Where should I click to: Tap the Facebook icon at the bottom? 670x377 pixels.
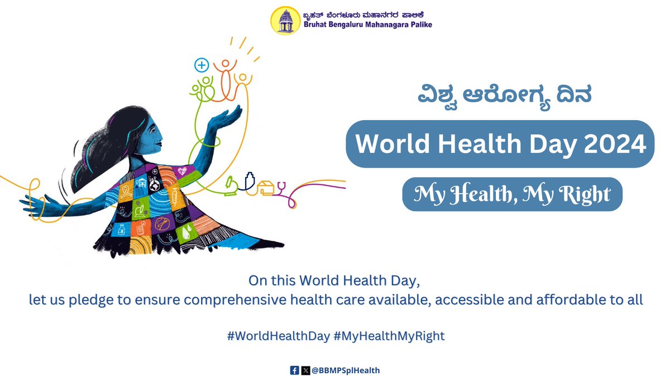(294, 370)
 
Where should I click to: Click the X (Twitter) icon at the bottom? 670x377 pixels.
(305, 370)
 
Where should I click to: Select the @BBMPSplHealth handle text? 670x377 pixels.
(346, 370)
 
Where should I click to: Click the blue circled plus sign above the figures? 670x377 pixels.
(201, 65)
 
